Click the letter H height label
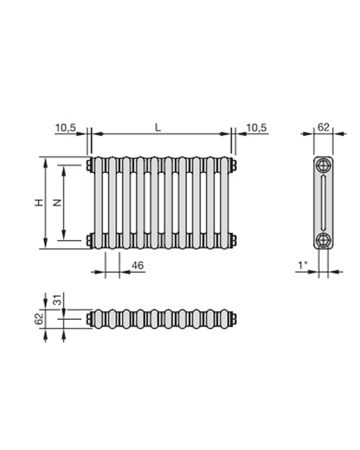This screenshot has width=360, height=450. click(39, 202)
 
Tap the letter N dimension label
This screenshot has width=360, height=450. click(57, 202)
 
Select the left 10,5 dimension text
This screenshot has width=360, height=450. click(65, 128)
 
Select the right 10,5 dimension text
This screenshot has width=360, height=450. click(256, 128)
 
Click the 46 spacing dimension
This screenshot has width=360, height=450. click(137, 265)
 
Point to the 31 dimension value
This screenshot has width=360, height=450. click(58, 299)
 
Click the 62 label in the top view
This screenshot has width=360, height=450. click(39, 319)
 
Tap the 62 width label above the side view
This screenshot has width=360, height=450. click(323, 127)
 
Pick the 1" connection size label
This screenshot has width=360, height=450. click(303, 265)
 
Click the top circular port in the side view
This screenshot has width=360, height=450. click(323, 166)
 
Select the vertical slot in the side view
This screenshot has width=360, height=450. click(323, 203)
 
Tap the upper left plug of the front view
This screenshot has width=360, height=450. click(89, 165)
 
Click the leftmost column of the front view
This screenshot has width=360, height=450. click(98, 203)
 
